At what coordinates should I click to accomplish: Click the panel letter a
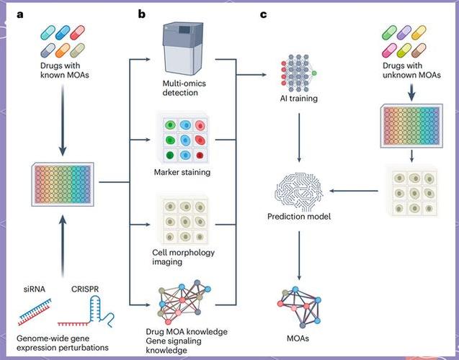pyautogui.click(x=11, y=14)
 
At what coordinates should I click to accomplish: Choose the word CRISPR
pyautogui.click(x=86, y=290)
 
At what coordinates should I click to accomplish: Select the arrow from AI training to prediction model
pyautogui.click(x=298, y=137)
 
